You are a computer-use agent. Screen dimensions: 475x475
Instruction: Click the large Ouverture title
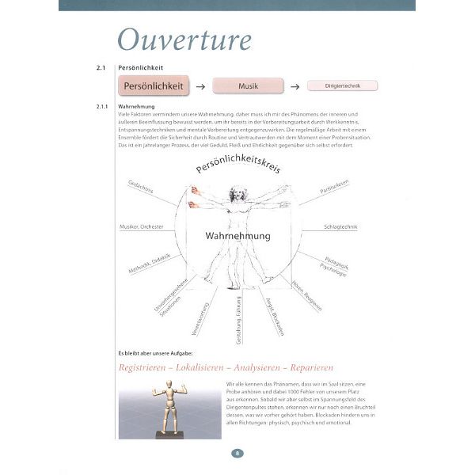184,40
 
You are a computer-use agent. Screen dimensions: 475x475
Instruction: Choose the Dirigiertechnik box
341,86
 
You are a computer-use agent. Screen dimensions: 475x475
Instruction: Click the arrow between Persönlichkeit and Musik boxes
201,86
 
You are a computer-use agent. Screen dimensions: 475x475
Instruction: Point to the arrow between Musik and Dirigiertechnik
294,86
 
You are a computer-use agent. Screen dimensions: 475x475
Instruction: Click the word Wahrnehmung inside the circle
237,236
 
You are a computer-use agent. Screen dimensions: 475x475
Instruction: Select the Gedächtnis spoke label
141,190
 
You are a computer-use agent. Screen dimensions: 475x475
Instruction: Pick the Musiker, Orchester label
141,227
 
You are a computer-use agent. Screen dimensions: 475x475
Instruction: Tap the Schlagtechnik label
341,227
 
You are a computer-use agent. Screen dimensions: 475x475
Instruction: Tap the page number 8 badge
237,454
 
